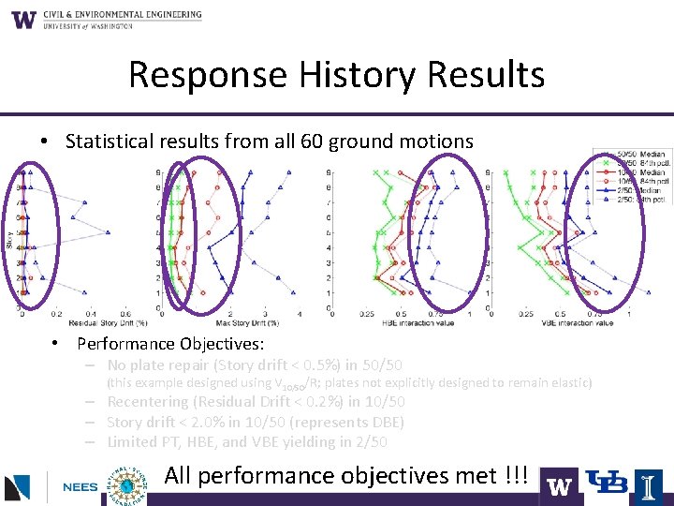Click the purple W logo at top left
pyautogui.click(x=23, y=19)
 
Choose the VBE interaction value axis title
pyautogui.click(x=578, y=322)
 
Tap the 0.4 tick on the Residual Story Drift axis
pyautogui.click(x=90, y=313)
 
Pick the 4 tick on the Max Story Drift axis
pyautogui.click(x=299, y=313)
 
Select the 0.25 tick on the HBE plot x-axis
pyautogui.click(x=367, y=313)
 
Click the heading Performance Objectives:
pyautogui.click(x=170, y=344)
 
